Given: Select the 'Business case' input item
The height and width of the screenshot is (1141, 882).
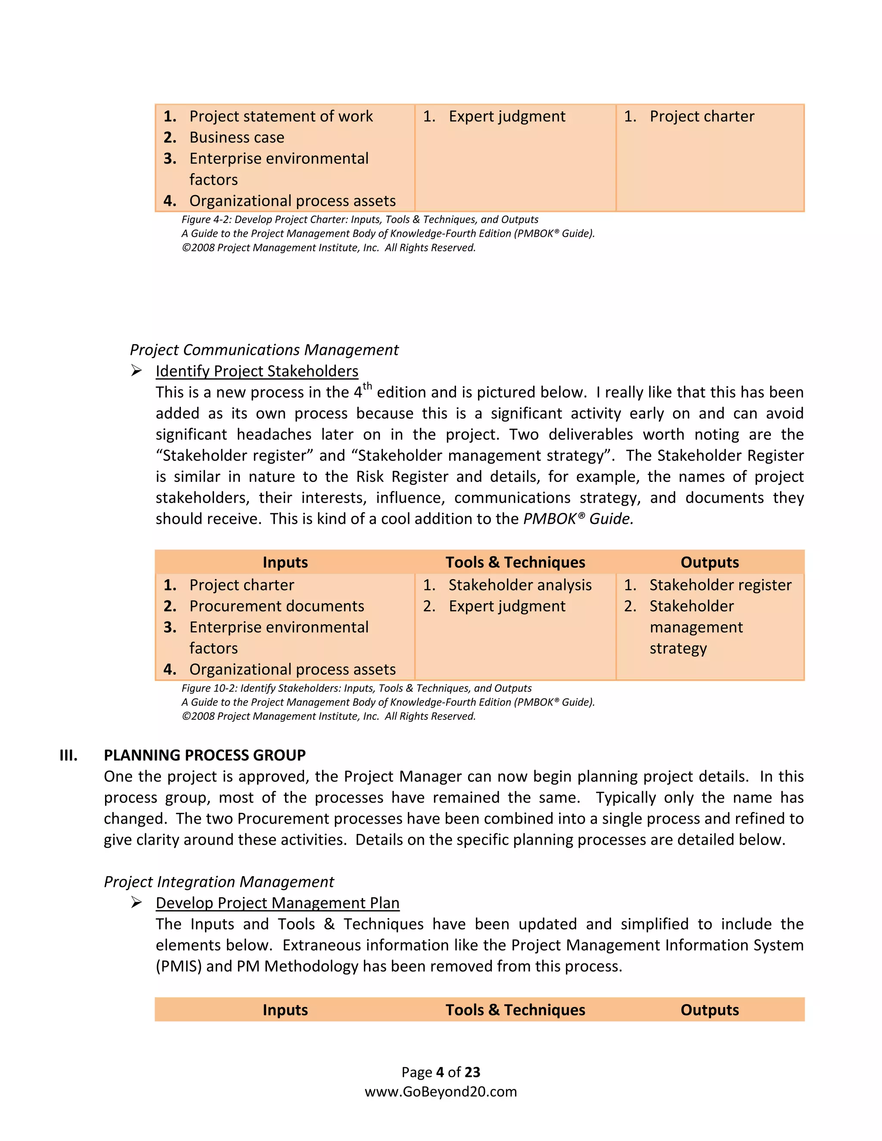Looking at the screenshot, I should pyautogui.click(x=237, y=137).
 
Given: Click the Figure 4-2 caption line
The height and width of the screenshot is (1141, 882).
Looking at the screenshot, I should pyautogui.click(x=360, y=220).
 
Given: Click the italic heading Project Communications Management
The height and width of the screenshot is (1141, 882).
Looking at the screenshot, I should pyautogui.click(x=264, y=350).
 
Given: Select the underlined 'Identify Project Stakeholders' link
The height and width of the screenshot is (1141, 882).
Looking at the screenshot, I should pyautogui.click(x=257, y=371).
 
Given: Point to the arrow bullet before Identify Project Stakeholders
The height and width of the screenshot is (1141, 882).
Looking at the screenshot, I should pyautogui.click(x=137, y=371).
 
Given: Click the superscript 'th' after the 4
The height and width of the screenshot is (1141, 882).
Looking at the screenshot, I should pyautogui.click(x=367, y=387).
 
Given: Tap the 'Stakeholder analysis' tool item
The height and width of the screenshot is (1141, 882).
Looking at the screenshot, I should pyautogui.click(x=520, y=585).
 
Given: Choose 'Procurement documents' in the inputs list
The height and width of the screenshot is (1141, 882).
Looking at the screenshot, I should pyautogui.click(x=276, y=606).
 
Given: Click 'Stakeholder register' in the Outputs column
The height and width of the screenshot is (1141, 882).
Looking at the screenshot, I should pyautogui.click(x=720, y=585).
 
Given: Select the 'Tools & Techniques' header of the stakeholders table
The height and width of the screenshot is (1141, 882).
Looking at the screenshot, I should pyautogui.click(x=515, y=562).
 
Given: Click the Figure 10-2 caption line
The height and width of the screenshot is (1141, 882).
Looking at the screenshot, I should pyautogui.click(x=356, y=688).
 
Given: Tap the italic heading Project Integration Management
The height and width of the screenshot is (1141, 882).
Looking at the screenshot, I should pyautogui.click(x=218, y=881).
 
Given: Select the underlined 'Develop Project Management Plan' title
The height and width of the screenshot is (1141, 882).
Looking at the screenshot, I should pyautogui.click(x=277, y=903).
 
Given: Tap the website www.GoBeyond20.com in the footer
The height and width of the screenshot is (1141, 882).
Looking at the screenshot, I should pyautogui.click(x=441, y=1091).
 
